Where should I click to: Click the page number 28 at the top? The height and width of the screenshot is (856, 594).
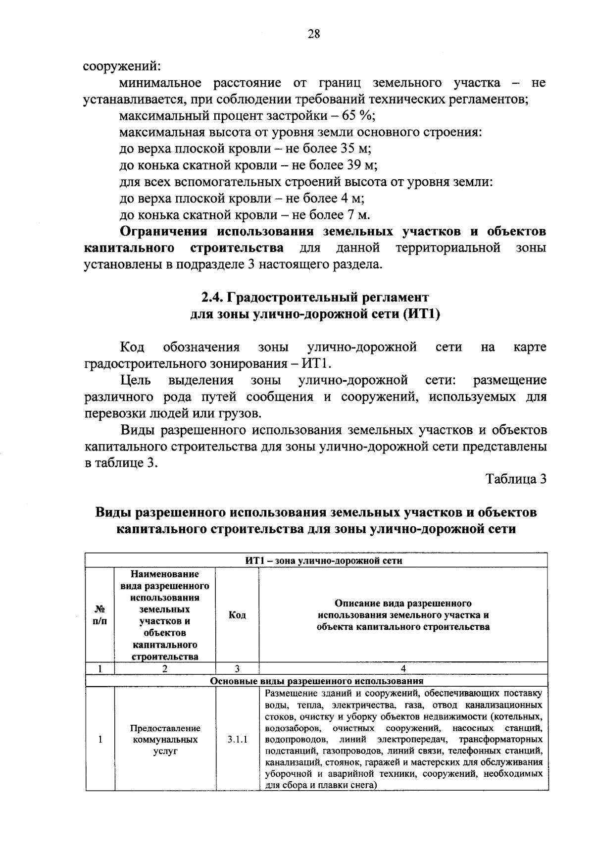[x=314, y=34]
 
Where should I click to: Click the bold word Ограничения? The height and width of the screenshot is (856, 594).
[x=164, y=232]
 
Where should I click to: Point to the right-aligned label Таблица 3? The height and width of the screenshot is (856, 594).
[x=516, y=479]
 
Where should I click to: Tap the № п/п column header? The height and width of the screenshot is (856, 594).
[x=99, y=615]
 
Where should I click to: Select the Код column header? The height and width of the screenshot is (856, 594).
[x=237, y=615]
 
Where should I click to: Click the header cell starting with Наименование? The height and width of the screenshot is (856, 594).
[x=165, y=615]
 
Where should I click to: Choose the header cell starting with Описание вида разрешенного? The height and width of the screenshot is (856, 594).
[x=403, y=615]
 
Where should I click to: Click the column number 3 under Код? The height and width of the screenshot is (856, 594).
[x=237, y=668]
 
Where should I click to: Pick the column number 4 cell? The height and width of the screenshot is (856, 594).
[x=403, y=668]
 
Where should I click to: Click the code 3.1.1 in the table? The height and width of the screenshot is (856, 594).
[x=237, y=740]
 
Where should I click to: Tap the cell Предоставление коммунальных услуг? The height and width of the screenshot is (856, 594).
[x=165, y=740]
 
